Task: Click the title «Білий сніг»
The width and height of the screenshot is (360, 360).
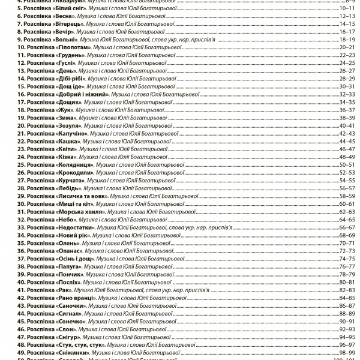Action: pyautogui.click(x=64, y=9)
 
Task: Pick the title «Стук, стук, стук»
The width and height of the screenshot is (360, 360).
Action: pyautogui.click(x=81, y=344)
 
